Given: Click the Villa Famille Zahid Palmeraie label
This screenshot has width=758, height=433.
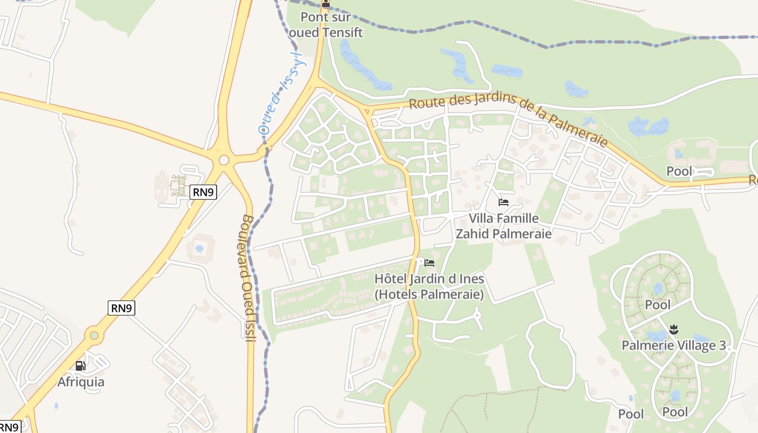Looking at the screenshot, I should (504, 226).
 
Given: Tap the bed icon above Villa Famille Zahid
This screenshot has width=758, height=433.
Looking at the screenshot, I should (504, 203).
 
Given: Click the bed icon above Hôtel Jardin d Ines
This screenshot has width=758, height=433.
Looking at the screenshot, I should (429, 263).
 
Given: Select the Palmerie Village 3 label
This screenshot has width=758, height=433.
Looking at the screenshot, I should (674, 345).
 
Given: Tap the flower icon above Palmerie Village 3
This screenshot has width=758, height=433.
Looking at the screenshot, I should (674, 329).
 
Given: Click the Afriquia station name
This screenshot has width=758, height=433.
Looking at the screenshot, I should (81, 382).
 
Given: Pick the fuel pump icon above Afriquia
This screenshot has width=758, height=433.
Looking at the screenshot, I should (80, 366).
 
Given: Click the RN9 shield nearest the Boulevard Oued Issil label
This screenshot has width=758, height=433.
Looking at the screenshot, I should (203, 191).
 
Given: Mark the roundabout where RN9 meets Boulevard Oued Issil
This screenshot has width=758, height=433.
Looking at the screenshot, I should (224, 160).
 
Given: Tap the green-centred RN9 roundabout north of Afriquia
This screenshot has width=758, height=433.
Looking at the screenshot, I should (95, 336).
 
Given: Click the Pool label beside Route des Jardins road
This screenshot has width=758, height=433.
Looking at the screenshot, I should (679, 172).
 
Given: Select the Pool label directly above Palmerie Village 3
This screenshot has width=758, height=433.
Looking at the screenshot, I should (658, 305).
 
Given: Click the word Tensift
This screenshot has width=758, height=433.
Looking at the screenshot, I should (343, 32).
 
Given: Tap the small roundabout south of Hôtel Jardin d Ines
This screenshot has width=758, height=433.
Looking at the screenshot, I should (477, 314).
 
